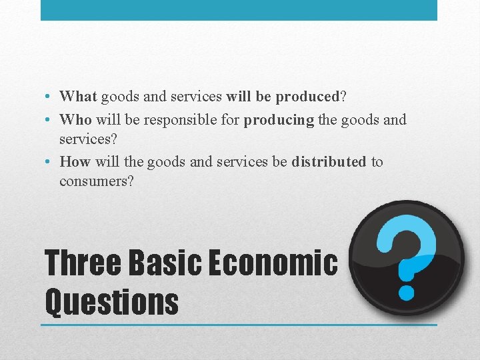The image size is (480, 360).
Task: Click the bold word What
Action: [79, 97]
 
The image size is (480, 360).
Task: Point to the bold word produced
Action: [307, 97]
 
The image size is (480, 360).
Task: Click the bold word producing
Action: [279, 120]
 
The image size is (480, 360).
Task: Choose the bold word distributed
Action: [329, 162]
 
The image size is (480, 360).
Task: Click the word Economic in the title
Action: [273, 263]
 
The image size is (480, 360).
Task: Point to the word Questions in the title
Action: [111, 301]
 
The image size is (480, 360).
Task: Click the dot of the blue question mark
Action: [406, 291]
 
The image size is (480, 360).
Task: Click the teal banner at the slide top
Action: [239, 10]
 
